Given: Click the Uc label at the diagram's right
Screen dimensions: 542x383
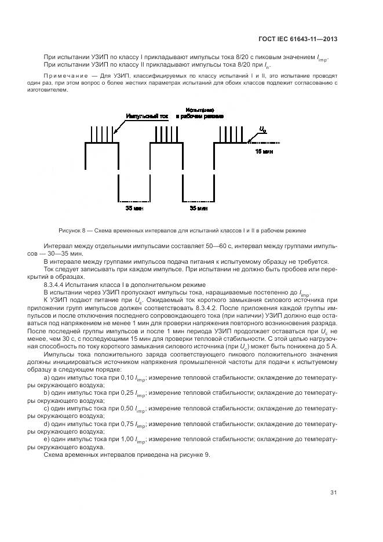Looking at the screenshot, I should click(262, 129).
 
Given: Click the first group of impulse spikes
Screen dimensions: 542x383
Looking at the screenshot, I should click(102, 134).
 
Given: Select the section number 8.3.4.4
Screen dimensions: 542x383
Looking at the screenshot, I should click(56, 284).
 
